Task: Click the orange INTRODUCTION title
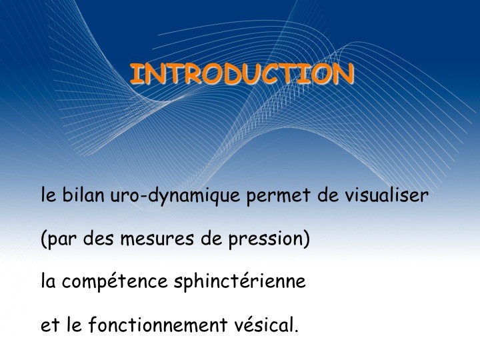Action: pyautogui.click(x=242, y=74)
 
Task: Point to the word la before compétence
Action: pyautogui.click(x=48, y=281)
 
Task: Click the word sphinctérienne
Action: pyautogui.click(x=240, y=281)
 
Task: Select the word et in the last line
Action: pyautogui.click(x=50, y=326)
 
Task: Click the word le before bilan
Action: pyautogui.click(x=49, y=194)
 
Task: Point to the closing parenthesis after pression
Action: pyautogui.click(x=306, y=239)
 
